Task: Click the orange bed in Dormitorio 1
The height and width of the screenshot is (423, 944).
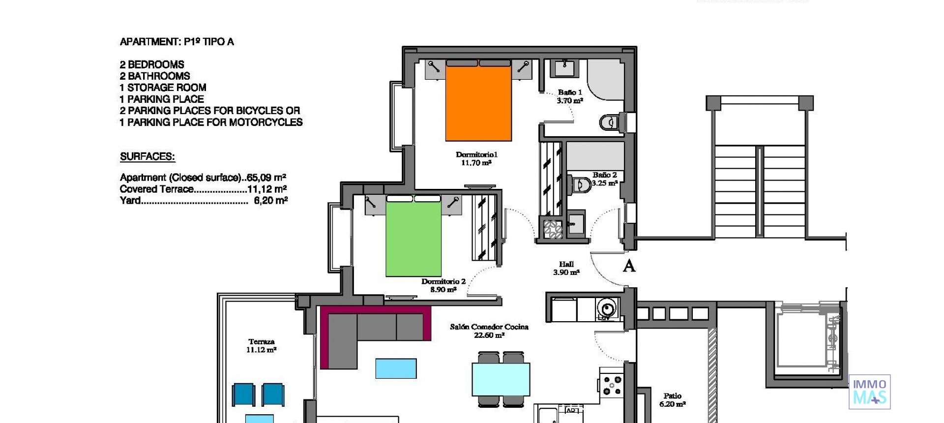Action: pos(478,103)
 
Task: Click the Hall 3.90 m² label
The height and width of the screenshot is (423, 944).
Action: pos(566,268)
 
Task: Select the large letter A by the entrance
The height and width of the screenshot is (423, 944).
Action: pos(629,266)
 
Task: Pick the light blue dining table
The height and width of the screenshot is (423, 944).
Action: pos(501,379)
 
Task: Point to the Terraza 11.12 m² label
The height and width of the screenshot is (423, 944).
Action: pos(261,345)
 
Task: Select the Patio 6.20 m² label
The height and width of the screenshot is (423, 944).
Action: pos(672,400)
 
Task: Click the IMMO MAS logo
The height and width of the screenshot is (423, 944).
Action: pos(869,392)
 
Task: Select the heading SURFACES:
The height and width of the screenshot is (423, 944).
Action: pos(147,157)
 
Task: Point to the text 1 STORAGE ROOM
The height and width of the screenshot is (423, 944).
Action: pos(163,88)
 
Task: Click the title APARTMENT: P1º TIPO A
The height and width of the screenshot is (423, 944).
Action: pos(177,42)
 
